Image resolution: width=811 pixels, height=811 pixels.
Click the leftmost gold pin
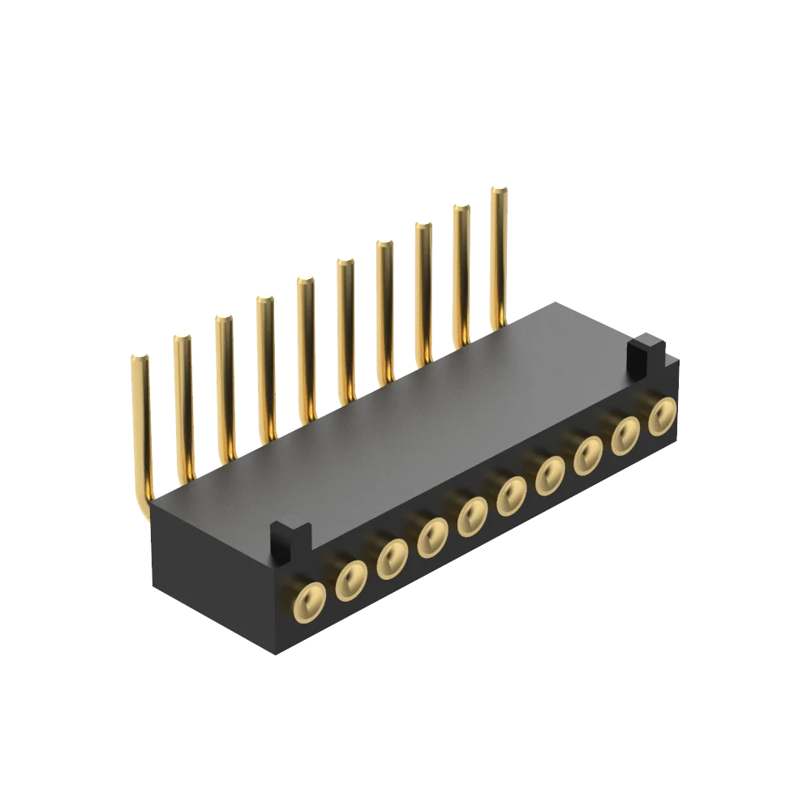140,422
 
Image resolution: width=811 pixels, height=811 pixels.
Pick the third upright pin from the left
225,381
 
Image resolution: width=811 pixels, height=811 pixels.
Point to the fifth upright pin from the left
306,345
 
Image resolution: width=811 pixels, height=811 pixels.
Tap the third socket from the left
393,559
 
